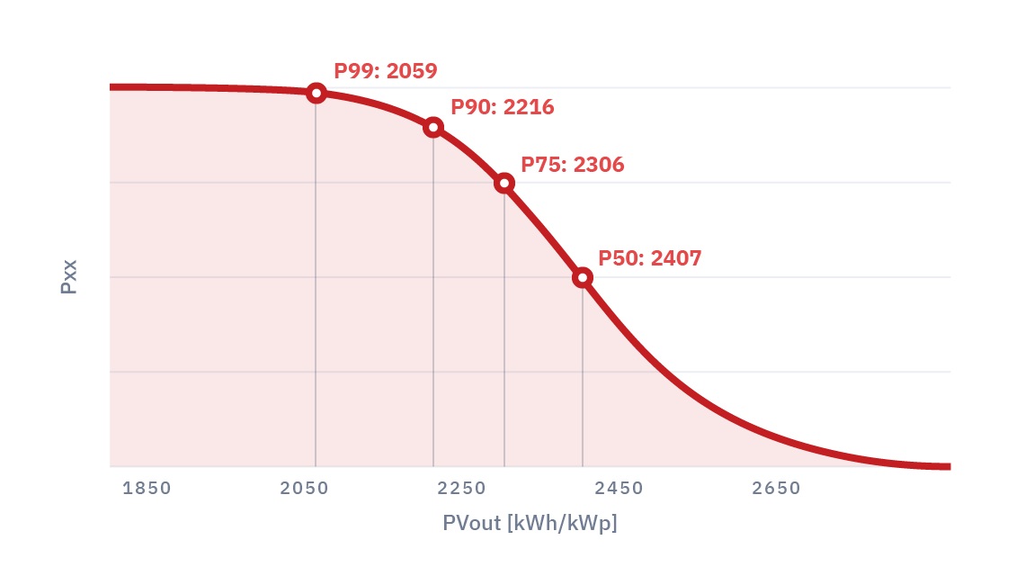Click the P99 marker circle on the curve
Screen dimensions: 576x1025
click(316, 93)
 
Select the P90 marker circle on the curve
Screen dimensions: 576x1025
click(433, 127)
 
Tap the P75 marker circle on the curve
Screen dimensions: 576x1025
click(504, 184)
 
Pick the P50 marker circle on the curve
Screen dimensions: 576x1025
click(583, 277)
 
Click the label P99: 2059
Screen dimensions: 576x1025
click(386, 70)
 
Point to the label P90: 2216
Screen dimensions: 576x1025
click(503, 107)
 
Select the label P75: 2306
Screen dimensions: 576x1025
click(573, 165)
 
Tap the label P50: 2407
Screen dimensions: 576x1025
click(649, 258)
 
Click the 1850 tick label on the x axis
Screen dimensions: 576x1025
click(147, 489)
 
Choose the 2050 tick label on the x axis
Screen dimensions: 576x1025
click(304, 489)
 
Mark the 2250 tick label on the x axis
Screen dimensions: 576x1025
click(461, 489)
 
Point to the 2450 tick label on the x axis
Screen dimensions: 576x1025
click(619, 489)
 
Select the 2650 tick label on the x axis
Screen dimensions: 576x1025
click(776, 489)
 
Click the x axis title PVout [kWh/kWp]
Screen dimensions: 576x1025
click(530, 523)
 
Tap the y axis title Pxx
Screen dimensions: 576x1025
click(69, 276)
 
